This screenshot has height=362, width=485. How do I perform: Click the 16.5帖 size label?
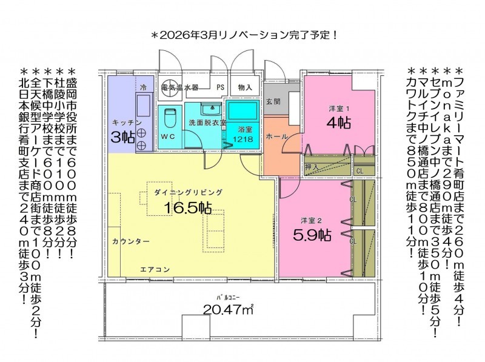pos(188,208)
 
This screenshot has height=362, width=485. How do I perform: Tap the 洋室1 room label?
pos(339,109)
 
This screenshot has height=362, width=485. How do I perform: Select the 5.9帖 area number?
pos(312,235)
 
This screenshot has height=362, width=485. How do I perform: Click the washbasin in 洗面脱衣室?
pos(212,109)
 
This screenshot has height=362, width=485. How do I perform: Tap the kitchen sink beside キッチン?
pos(144,106)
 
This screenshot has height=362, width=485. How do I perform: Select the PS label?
pos(220,87)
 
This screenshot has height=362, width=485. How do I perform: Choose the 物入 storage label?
pos(245,87)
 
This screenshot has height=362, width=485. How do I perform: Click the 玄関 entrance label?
pos(273,101)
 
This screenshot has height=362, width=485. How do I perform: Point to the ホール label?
pos(277,136)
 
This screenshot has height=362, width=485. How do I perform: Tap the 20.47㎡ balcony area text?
pos(229,309)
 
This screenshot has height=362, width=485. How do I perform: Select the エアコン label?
pos(155,269)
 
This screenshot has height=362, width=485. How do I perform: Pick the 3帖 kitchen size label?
pos(123,137)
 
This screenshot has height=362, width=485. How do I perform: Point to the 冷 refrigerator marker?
pos(143,87)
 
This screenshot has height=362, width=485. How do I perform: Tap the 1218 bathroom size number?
pos(243,139)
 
